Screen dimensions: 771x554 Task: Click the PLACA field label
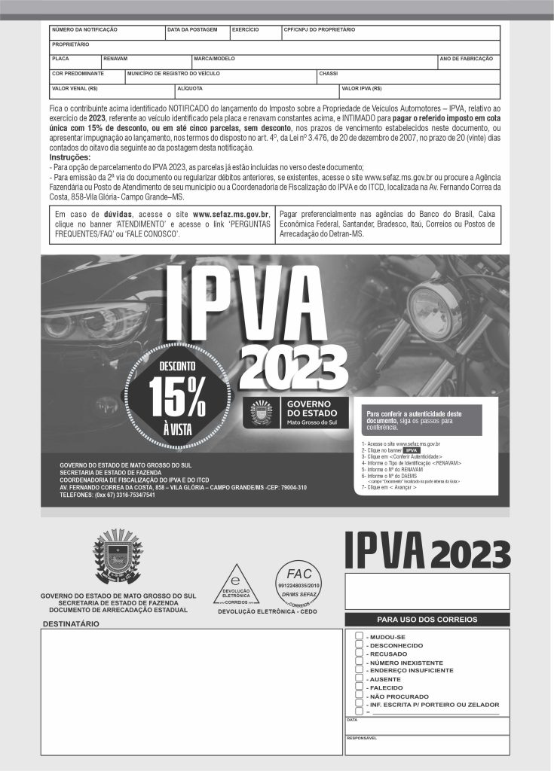click(x=60, y=58)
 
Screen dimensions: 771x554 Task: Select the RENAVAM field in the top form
click(x=115, y=58)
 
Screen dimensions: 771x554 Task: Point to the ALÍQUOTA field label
click(x=189, y=88)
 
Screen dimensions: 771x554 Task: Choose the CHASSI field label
click(x=329, y=74)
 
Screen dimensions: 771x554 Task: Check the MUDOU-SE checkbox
click(x=359, y=636)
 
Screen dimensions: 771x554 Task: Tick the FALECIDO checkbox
click(x=359, y=687)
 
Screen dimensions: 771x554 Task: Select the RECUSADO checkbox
click(x=359, y=654)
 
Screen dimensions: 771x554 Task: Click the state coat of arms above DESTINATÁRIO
click(x=118, y=557)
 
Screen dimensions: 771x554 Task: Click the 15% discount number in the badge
click(x=178, y=396)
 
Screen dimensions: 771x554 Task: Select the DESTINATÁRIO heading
click(x=71, y=625)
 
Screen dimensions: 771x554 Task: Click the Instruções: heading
click(x=70, y=157)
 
